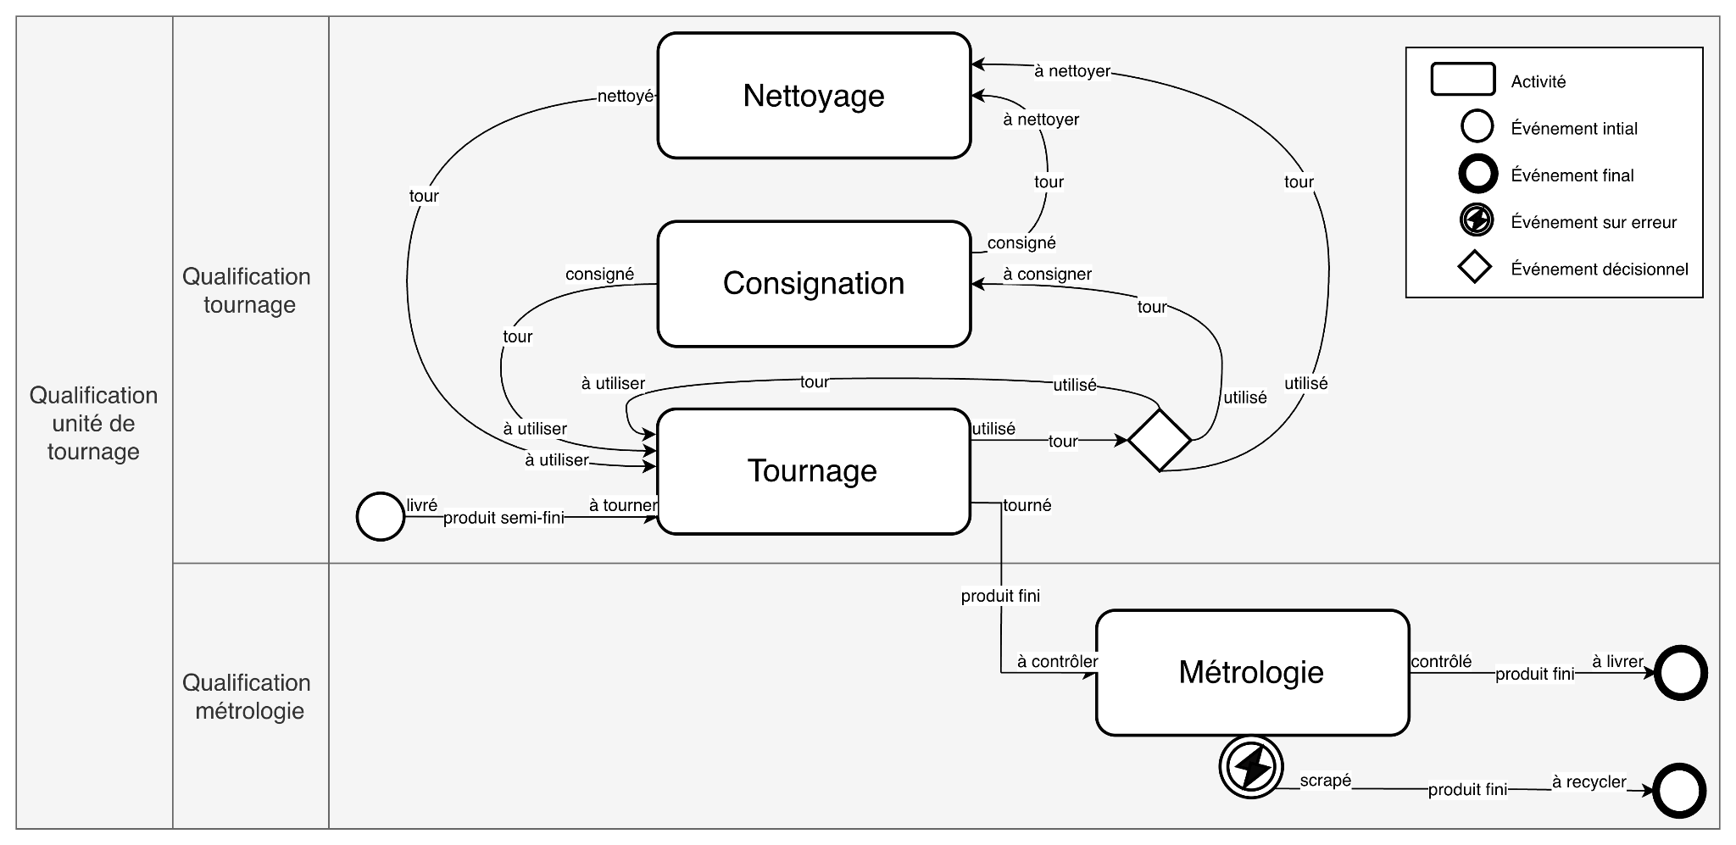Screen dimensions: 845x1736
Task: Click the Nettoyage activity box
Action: click(x=814, y=96)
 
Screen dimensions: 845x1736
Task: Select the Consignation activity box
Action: click(x=814, y=284)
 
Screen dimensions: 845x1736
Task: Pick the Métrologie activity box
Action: click(x=1252, y=672)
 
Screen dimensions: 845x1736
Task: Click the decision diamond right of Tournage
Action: click(x=1159, y=440)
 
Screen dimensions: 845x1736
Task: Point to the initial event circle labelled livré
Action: click(x=381, y=516)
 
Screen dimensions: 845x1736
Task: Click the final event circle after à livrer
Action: click(x=1680, y=673)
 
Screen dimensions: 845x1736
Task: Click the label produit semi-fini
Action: click(x=504, y=518)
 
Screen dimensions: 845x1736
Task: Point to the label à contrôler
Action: click(x=1057, y=662)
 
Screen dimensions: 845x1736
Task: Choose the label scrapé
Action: click(x=1325, y=780)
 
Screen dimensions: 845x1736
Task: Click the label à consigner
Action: click(x=1047, y=275)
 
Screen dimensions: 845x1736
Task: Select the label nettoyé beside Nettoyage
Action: click(x=626, y=97)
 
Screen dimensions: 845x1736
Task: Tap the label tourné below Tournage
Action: click(x=1027, y=505)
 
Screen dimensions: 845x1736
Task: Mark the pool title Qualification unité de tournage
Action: click(x=93, y=423)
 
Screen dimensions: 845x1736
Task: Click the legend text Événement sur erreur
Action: click(x=1594, y=223)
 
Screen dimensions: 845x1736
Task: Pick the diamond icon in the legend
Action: click(x=1475, y=269)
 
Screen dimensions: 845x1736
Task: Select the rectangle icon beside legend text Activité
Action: click(x=1462, y=80)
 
